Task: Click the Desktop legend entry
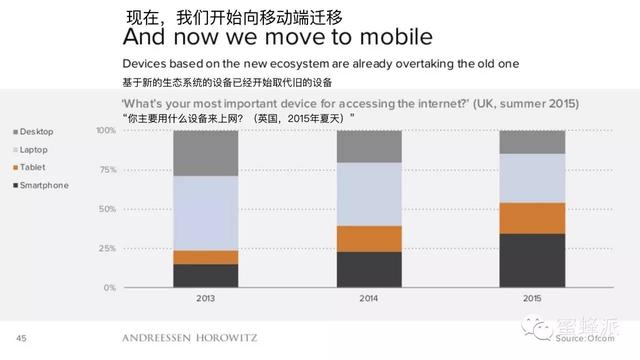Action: (35, 132)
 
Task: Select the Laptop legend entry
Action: (34, 150)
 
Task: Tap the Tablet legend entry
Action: (32, 167)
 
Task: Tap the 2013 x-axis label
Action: (205, 297)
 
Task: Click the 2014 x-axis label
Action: (369, 297)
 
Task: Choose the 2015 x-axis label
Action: (533, 297)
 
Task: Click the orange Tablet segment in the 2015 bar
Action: (533, 218)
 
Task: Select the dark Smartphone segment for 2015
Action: (533, 260)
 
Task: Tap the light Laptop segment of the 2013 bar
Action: (205, 213)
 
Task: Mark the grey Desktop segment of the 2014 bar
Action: (369, 146)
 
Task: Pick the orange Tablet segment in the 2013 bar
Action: (205, 257)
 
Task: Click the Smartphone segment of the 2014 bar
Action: (369, 269)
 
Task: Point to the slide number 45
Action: (21, 337)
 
